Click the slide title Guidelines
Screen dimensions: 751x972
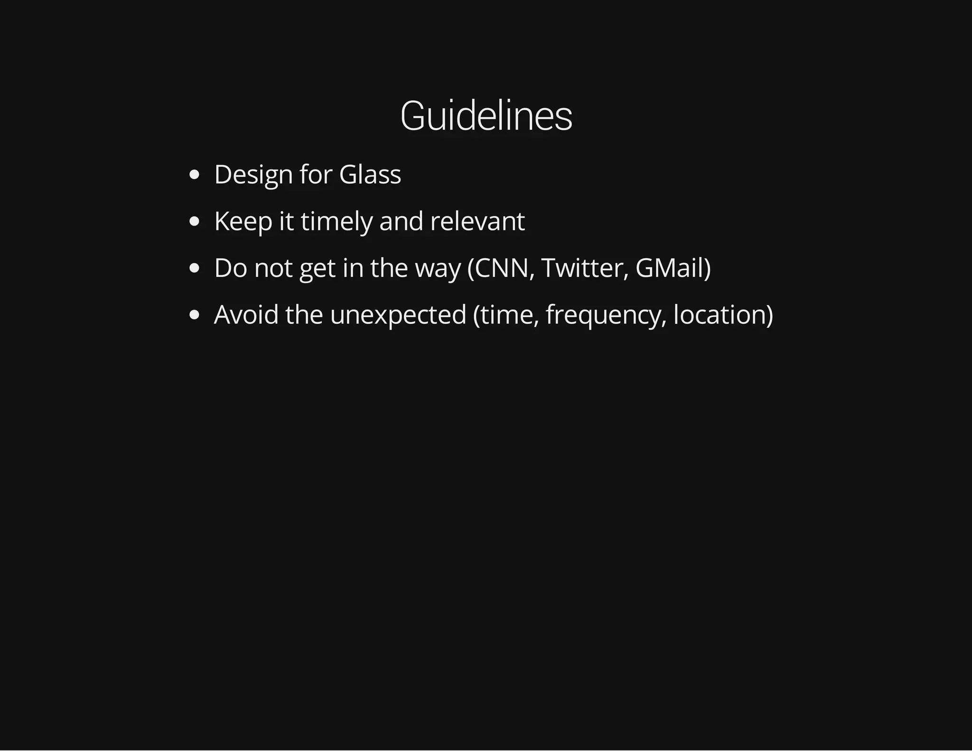click(x=486, y=116)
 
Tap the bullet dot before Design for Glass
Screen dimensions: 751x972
click(x=194, y=175)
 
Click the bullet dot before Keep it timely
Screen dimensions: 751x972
click(x=194, y=221)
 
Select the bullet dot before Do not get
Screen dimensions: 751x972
click(x=194, y=268)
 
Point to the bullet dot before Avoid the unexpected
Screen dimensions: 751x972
click(x=194, y=315)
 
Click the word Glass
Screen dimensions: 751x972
click(x=370, y=174)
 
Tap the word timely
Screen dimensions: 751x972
click(x=336, y=221)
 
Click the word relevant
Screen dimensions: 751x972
click(x=477, y=221)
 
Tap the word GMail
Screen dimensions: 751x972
click(x=670, y=268)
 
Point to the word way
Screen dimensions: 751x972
click(x=438, y=268)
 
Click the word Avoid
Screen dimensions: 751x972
click(x=246, y=314)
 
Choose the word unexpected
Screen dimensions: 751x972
click(x=398, y=314)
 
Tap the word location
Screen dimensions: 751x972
click(x=720, y=314)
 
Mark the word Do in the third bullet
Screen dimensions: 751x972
click(x=231, y=268)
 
